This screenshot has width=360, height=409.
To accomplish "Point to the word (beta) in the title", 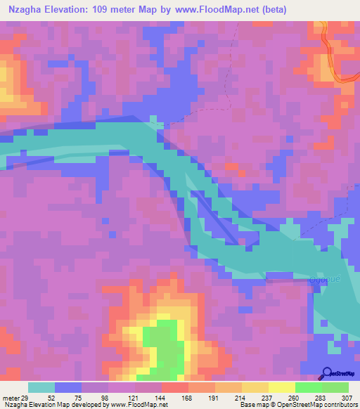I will [305, 9].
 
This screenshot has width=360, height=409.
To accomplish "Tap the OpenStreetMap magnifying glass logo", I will [328, 374].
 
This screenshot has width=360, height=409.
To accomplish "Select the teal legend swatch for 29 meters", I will [41, 387].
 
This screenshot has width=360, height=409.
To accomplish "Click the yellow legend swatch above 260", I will [282, 387].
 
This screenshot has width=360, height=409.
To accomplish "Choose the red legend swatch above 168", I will [175, 387].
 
